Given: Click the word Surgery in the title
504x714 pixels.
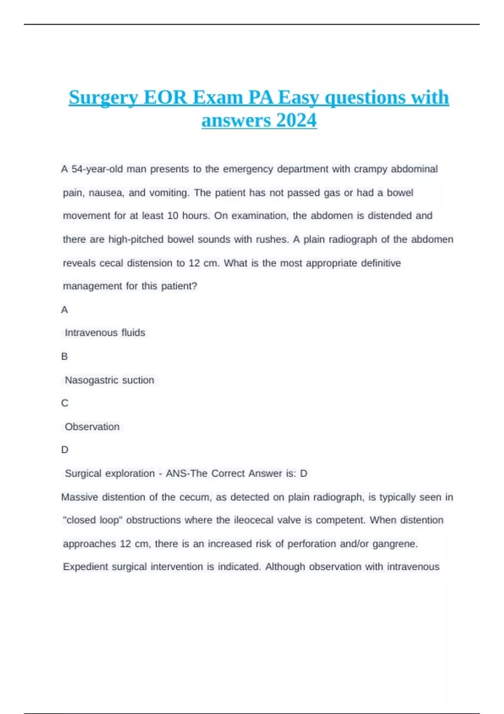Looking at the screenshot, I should pos(103,98).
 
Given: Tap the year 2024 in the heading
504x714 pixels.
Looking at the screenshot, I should pos(297,121).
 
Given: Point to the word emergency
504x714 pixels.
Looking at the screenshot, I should pos(248,169).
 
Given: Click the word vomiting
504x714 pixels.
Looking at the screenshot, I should pos(169,193).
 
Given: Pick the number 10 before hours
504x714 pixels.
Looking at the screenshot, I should pos(173,216).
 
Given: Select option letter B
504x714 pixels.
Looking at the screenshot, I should pos(64,357).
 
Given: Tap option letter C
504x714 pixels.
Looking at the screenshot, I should pos(64,403).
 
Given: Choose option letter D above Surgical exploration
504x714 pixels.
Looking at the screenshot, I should pos(64,450).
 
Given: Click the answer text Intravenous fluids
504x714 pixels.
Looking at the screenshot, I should pos(105,333).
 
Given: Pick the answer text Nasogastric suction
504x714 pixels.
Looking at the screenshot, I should pos(109,380).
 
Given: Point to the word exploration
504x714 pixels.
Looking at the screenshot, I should pos(130,473).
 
